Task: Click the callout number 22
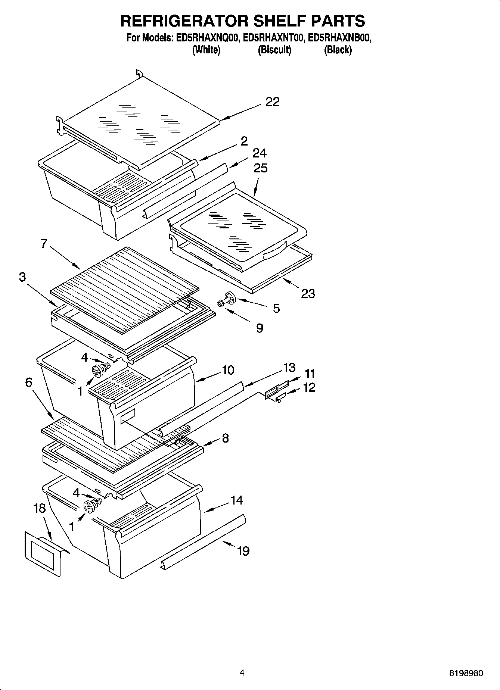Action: (272, 102)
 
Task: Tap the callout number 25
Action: (260, 168)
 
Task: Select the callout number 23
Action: (308, 294)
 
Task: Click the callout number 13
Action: (289, 368)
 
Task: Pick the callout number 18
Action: (39, 508)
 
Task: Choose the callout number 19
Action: (243, 551)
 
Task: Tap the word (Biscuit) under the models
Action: (274, 50)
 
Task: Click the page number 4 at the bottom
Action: (242, 673)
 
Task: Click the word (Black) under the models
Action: (338, 50)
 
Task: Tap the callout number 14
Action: (236, 500)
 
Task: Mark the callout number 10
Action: (228, 370)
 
